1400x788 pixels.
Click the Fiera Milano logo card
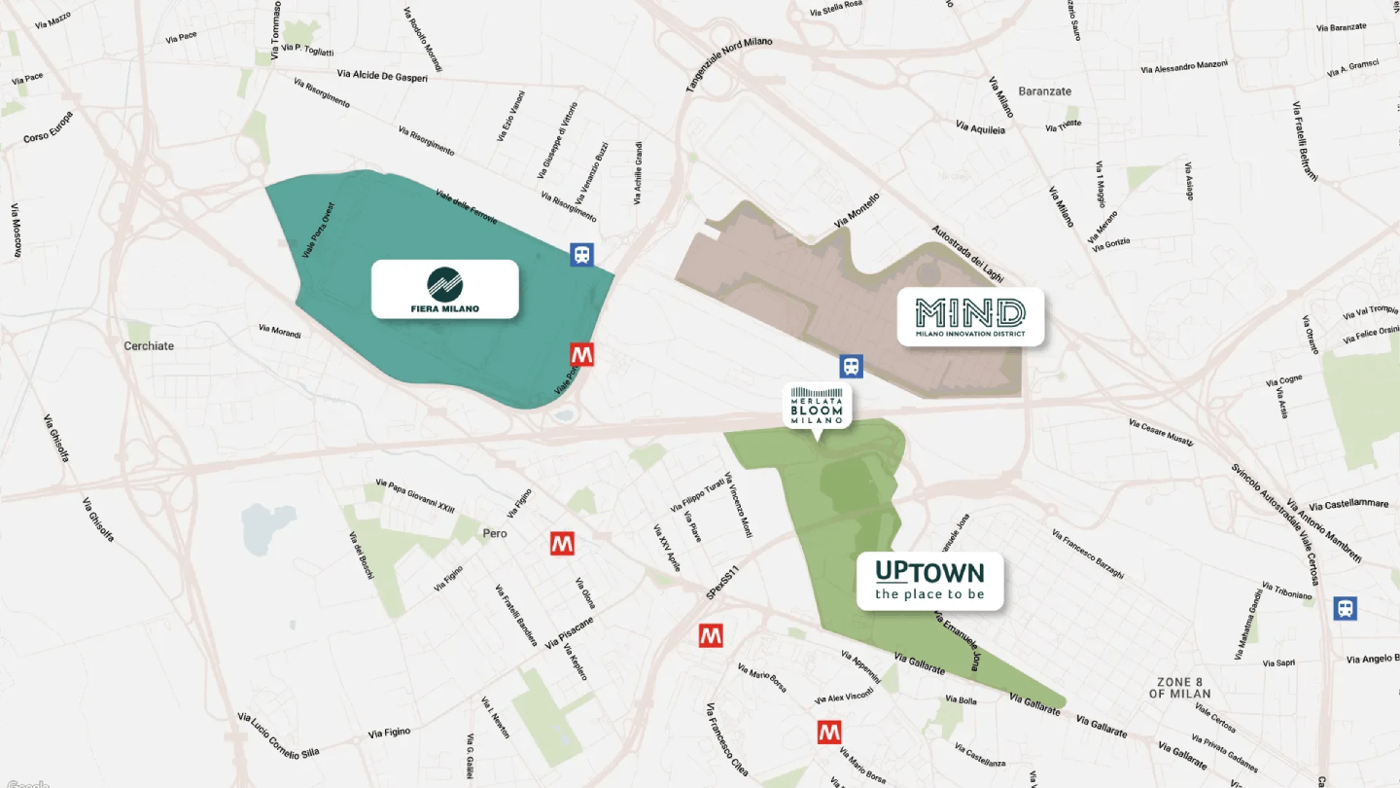coord(445,289)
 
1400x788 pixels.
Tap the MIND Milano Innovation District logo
coord(970,316)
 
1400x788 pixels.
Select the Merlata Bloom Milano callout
coord(817,405)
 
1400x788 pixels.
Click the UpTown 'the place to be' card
coord(929,581)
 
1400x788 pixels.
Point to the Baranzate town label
coord(1045,91)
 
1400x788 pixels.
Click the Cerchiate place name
coord(150,345)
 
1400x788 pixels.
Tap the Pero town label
coord(495,533)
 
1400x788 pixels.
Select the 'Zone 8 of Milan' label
coord(1179,688)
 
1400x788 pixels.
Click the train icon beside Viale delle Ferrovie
coord(581,255)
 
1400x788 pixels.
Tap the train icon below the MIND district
coord(851,366)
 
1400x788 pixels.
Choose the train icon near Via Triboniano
coord(1345,608)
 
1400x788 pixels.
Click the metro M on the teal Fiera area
coord(582,354)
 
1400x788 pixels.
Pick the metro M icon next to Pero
coord(562,544)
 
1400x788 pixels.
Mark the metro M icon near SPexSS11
coord(711,636)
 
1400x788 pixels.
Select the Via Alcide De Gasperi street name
coord(382,75)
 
